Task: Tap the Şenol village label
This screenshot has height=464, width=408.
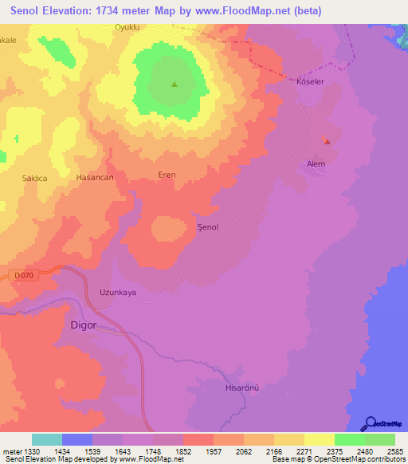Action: coord(207,227)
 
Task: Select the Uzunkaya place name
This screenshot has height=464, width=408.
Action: coord(117,293)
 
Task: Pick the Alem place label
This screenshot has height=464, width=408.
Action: coord(316,163)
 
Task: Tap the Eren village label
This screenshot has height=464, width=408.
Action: coord(167,175)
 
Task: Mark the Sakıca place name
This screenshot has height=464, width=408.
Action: coord(35,179)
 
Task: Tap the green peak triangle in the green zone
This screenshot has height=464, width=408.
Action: coord(174,85)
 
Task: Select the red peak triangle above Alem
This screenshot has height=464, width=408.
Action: coord(327,141)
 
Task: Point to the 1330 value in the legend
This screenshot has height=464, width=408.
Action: coord(32,451)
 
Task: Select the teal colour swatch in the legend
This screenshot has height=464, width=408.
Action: coord(46,439)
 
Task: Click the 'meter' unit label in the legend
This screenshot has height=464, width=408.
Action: coord(11,451)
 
